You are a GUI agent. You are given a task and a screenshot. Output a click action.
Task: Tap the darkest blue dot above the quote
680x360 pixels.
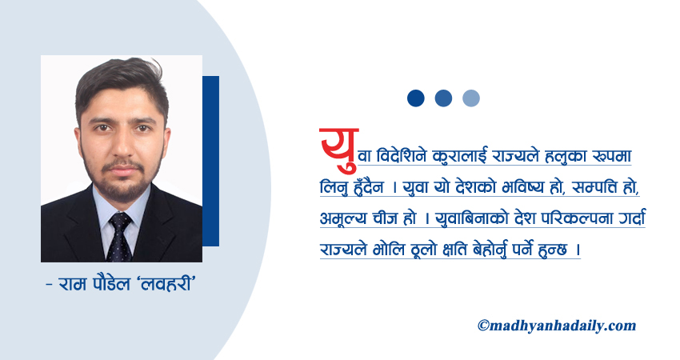click(x=415, y=98)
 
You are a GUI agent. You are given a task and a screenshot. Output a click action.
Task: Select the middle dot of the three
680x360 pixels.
click(x=443, y=98)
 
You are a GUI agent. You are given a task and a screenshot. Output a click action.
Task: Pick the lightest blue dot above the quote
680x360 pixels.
click(x=471, y=98)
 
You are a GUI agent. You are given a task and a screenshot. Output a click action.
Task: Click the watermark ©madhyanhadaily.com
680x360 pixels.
click(x=556, y=326)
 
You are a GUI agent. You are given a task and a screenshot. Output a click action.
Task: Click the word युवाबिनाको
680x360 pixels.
click(x=462, y=218)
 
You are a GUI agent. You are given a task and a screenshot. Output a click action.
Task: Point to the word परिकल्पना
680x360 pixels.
click(x=570, y=218)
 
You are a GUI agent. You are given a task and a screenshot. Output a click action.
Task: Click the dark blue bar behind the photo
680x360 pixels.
click(x=211, y=160)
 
